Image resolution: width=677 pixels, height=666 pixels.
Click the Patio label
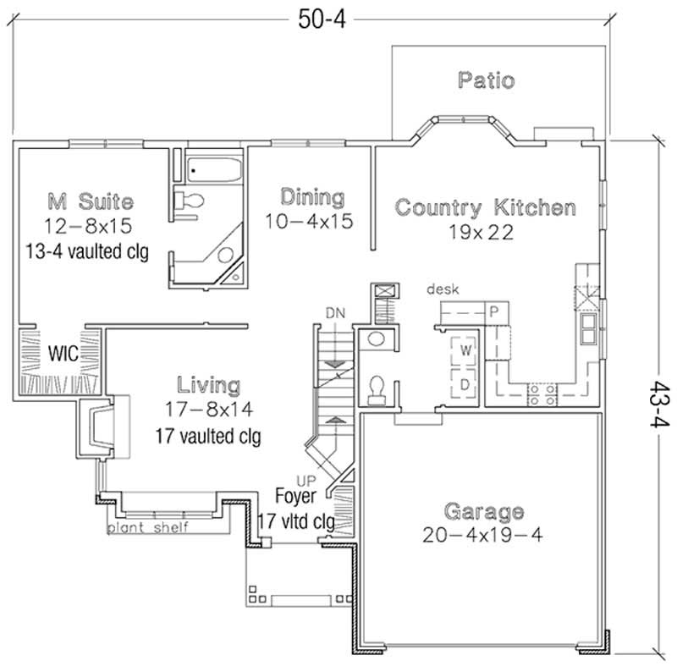(x=486, y=81)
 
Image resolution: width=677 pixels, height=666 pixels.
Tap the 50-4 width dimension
(x=322, y=19)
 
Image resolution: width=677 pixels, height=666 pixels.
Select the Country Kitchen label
(x=486, y=206)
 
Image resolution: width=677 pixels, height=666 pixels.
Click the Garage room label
(x=483, y=512)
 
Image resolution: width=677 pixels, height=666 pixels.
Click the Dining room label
(x=312, y=197)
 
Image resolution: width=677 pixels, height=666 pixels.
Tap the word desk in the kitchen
(x=442, y=289)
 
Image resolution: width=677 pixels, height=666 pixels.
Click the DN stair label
(x=334, y=314)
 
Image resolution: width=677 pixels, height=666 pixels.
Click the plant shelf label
(x=147, y=528)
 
